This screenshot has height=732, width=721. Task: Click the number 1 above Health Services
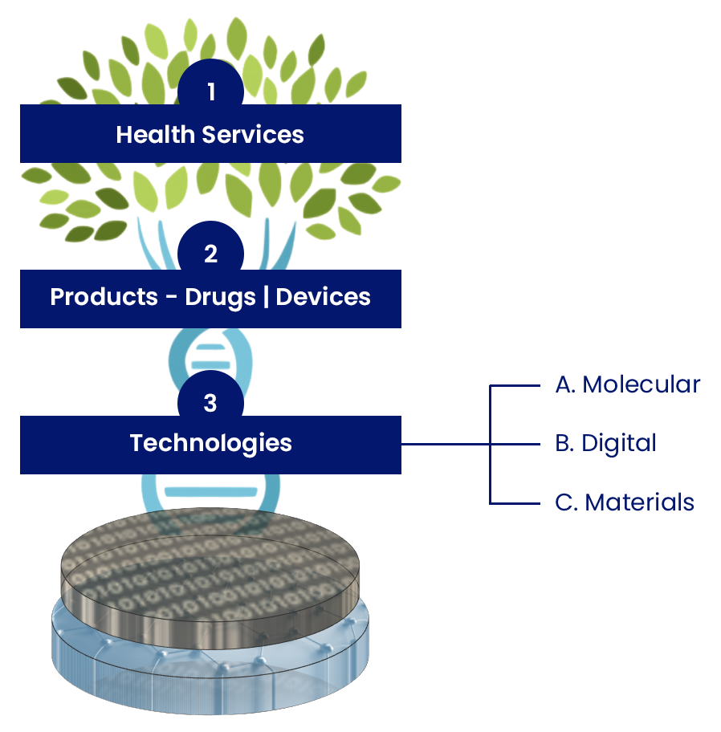210,92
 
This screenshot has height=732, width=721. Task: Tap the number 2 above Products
210,254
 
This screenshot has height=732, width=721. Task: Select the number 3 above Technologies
210,402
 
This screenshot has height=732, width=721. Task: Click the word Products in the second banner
104,297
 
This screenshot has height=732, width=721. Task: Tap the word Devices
323,297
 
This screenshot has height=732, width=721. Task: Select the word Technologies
210,443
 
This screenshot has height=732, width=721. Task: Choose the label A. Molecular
627,384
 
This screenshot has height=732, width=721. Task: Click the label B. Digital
605,443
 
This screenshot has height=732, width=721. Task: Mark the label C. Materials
624,502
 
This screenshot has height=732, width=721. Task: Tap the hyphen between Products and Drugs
171,298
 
